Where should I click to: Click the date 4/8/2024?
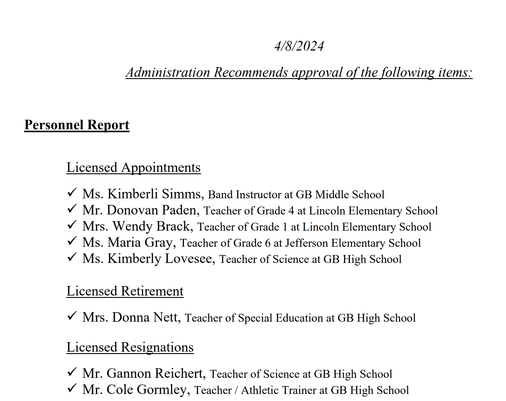(299, 46)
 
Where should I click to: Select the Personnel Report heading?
(77, 125)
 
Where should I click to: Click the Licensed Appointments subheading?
(133, 167)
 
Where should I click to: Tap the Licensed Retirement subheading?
(125, 291)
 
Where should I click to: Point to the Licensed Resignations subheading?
(130, 347)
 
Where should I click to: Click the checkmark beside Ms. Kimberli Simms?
(72, 193)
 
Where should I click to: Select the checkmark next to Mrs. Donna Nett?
(72, 316)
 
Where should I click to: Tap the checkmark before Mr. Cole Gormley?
(72, 388)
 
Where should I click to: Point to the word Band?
(220, 195)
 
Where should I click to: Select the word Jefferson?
(306, 243)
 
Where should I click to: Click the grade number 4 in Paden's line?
(291, 211)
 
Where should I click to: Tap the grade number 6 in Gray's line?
(267, 243)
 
